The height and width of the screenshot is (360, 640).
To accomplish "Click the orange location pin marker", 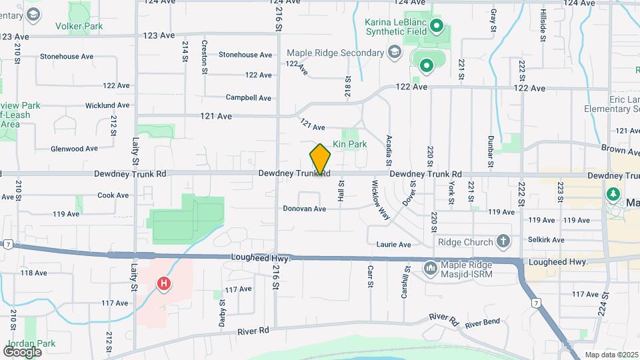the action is coord(321,159).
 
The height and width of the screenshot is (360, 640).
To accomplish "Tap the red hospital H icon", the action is coord(163,284).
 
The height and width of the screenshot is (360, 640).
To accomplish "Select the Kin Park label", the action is coord(349,144).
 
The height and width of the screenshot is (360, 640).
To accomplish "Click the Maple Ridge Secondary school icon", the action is coord(395,53).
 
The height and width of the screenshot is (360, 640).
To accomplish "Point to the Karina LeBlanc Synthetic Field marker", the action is coord(437,27).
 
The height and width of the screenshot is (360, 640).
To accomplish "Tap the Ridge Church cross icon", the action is coord(503,241).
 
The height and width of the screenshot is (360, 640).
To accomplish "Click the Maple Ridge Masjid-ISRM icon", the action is coord(431,268).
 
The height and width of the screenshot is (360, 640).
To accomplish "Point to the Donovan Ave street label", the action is coord(304,209).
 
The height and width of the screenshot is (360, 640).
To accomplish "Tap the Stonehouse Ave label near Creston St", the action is coord(245,55).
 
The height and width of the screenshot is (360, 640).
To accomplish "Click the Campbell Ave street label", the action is coord(248,97).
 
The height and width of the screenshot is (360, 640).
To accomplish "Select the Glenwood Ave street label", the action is coord(75,149).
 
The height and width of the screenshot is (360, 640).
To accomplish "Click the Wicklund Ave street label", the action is coord(107,106).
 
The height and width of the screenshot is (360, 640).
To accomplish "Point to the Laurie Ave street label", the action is coord(393,245).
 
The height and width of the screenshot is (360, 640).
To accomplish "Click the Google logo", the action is coord(21,351).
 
